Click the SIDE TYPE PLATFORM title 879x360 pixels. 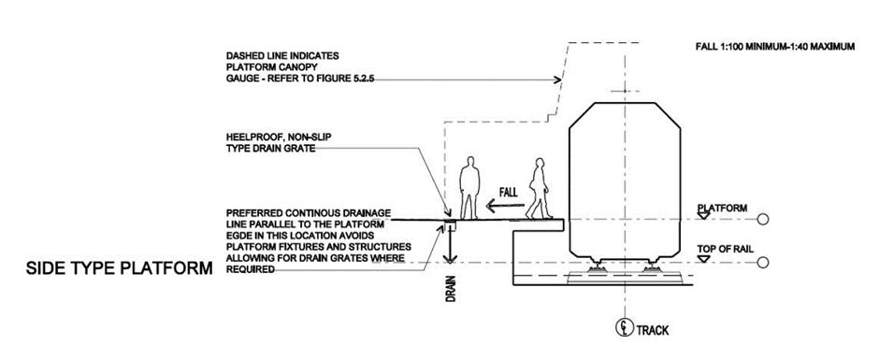tap(120, 268)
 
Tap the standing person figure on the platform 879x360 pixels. tap(469, 188)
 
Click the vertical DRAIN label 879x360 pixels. tap(450, 288)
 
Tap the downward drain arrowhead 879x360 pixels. tap(449, 258)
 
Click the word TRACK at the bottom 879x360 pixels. tap(652, 330)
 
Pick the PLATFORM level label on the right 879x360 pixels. tap(722, 208)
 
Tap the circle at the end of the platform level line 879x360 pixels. tap(762, 219)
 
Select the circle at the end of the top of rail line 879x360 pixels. tap(762, 263)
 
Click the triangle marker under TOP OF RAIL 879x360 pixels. tap(703, 258)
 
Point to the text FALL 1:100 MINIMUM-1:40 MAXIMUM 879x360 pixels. tap(775, 47)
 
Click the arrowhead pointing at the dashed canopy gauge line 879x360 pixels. tap(557, 80)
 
